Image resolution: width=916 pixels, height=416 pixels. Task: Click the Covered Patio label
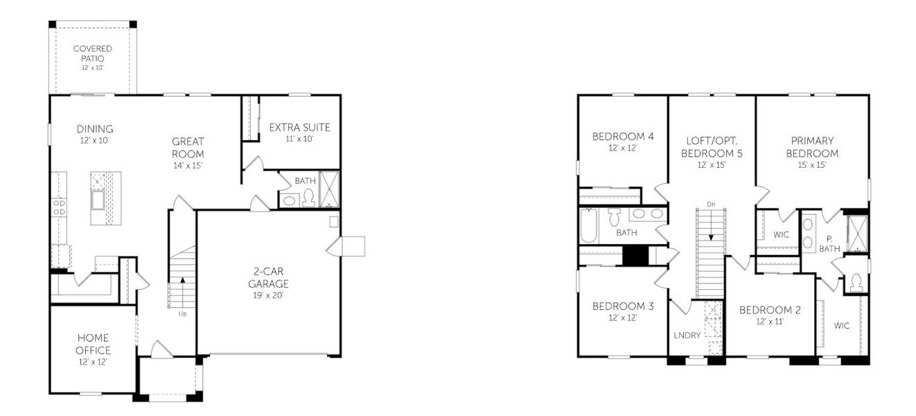tap(92, 54)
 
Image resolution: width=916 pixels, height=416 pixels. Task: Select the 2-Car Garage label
tap(270, 277)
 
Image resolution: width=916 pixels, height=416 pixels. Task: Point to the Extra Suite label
tap(299, 128)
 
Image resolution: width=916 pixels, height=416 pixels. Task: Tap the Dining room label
tap(95, 129)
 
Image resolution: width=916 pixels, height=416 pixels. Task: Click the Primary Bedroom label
tap(811, 147)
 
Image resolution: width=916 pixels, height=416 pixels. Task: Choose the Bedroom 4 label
tap(622, 136)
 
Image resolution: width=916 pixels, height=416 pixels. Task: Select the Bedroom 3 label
tap(622, 306)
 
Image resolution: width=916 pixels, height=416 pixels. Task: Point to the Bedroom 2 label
tap(769, 310)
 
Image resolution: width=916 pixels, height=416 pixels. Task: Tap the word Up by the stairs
tap(183, 314)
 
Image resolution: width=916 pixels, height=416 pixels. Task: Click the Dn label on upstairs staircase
tap(710, 204)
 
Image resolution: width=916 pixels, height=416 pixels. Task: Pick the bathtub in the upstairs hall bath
tap(589, 225)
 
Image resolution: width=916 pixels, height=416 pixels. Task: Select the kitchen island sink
tap(96, 199)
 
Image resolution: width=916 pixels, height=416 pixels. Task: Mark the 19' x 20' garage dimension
tap(270, 295)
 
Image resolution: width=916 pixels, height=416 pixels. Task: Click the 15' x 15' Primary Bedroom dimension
tap(811, 165)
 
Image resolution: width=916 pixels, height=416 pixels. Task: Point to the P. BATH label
tap(829, 243)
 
